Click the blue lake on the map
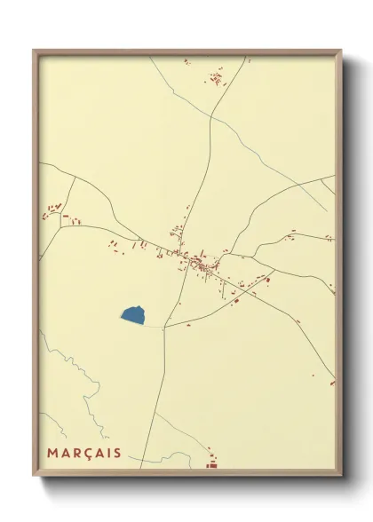click(x=132, y=313)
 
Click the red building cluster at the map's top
click(x=216, y=78)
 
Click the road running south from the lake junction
click(x=160, y=391)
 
